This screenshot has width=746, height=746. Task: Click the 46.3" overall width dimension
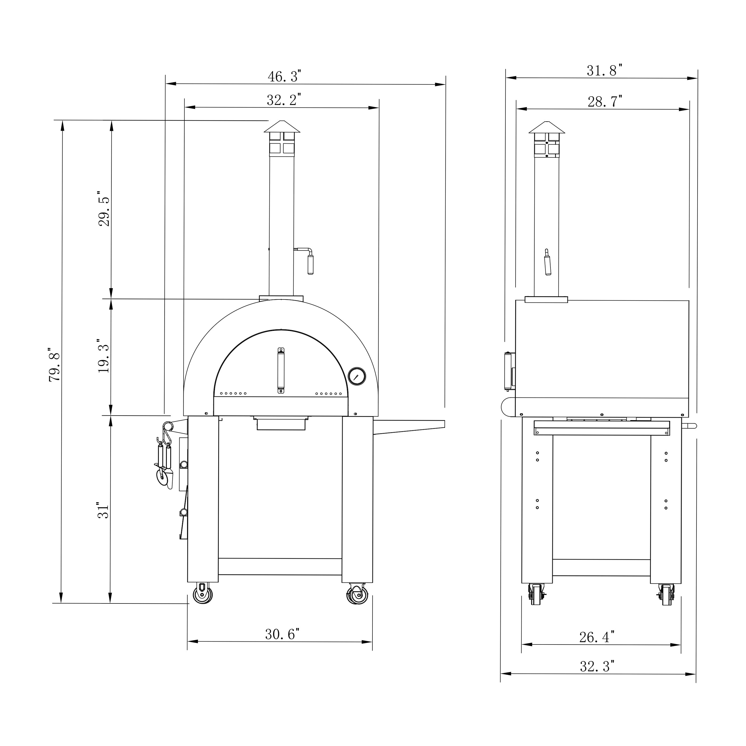(284, 76)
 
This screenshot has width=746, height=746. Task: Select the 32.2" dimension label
(284, 100)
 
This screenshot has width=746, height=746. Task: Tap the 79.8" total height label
(54, 367)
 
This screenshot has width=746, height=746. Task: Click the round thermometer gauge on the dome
(357, 376)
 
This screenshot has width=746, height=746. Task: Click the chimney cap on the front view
(282, 127)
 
